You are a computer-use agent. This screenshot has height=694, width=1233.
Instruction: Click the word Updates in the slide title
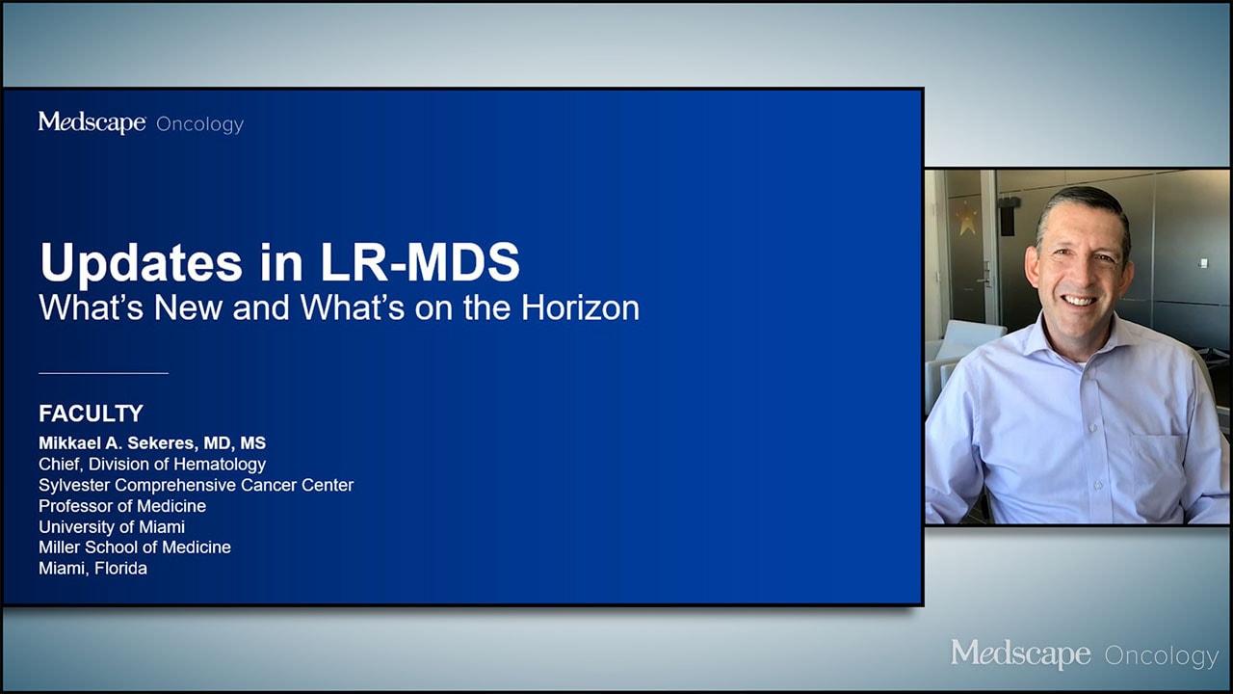pyautogui.click(x=141, y=264)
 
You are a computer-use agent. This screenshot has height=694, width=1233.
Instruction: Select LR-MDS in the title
pyautogui.click(x=420, y=262)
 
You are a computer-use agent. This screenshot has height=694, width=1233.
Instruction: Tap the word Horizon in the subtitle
pyautogui.click(x=580, y=307)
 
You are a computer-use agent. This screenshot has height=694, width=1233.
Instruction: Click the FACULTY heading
pyautogui.click(x=91, y=414)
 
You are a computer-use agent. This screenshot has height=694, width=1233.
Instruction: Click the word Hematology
pyautogui.click(x=220, y=465)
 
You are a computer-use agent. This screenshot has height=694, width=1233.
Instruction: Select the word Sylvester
pyautogui.click(x=74, y=485)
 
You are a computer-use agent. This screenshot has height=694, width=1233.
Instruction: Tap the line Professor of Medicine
pyautogui.click(x=122, y=506)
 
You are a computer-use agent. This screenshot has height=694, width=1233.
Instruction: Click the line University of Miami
pyautogui.click(x=112, y=526)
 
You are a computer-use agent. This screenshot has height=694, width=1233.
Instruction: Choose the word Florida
pyautogui.click(x=120, y=569)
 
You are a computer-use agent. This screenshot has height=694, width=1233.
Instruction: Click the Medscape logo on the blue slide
pyautogui.click(x=92, y=122)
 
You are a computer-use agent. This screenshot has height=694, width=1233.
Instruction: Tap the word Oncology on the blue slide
pyautogui.click(x=199, y=124)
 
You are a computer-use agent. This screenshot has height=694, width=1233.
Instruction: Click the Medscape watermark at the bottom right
pyautogui.click(x=1020, y=654)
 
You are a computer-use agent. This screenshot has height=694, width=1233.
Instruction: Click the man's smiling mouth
pyautogui.click(x=1080, y=301)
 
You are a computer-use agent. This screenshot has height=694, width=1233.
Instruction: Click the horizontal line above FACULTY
pyautogui.click(x=103, y=373)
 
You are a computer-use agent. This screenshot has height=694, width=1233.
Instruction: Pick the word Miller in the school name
pyautogui.click(x=60, y=547)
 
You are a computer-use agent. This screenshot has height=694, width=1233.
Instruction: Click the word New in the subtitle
pyautogui.click(x=188, y=307)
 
